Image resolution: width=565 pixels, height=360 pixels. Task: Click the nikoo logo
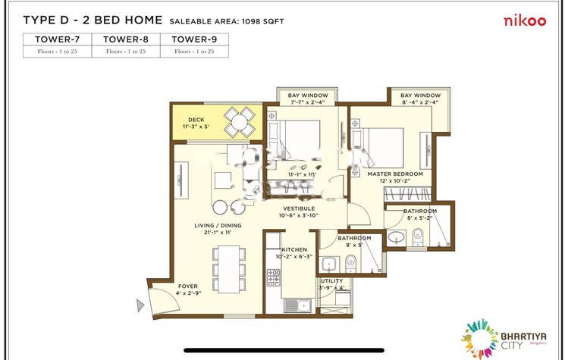[525, 20]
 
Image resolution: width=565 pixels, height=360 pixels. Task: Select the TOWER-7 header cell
[57, 39]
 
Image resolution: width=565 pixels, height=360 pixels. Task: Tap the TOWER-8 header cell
[126, 39]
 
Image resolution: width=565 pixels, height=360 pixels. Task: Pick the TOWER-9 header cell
[193, 39]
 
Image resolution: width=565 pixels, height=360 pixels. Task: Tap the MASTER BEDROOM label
[395, 174]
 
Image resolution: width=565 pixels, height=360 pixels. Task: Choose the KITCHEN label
[294, 249]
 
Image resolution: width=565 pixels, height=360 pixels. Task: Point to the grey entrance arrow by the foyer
[140, 305]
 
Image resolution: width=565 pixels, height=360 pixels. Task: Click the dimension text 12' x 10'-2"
[394, 181]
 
